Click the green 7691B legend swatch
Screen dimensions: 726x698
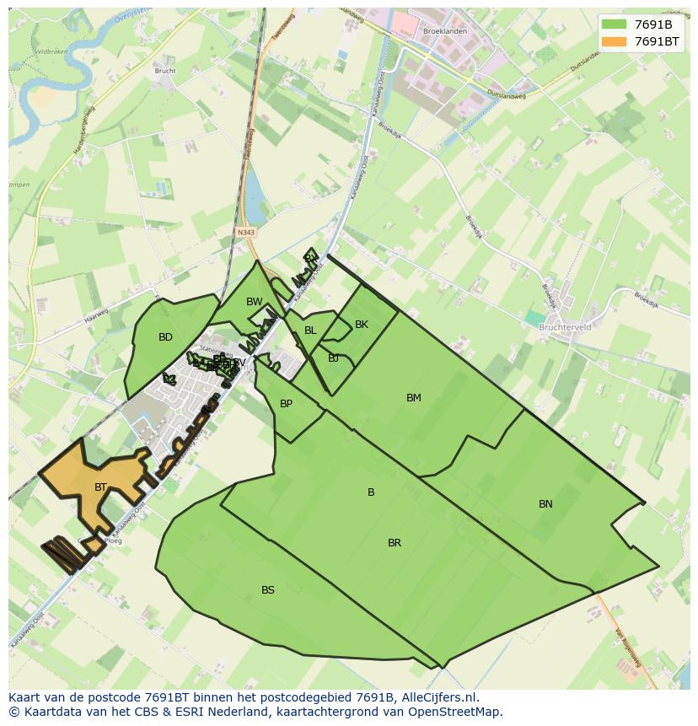click(614, 24)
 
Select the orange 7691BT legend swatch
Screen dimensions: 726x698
click(614, 41)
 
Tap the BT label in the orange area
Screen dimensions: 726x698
click(100, 487)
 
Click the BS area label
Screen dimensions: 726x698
click(267, 590)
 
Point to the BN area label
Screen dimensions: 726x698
click(545, 504)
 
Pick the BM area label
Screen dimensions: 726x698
click(413, 398)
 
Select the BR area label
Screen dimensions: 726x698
click(394, 543)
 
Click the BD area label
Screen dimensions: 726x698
click(165, 337)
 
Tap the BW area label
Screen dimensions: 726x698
click(254, 302)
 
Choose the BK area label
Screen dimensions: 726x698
click(362, 325)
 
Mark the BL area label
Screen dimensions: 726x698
click(310, 331)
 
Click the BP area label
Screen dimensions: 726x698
click(286, 404)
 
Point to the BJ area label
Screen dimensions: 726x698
click(334, 358)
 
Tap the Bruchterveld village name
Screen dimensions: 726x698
click(565, 327)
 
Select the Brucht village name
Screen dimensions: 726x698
click(165, 71)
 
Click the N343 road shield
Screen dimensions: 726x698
click(246, 232)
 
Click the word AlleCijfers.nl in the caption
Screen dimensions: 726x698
click(440, 697)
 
